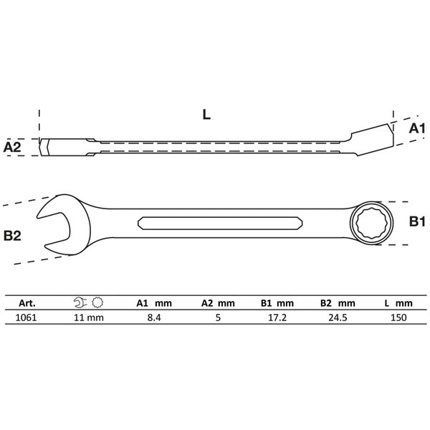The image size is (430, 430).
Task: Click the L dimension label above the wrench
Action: pos(206,115)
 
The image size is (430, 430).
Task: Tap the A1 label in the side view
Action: pos(417,128)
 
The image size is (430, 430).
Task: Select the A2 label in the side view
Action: pos(12,147)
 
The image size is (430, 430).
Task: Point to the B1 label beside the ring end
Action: pos(417,221)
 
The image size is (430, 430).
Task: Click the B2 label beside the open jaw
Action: pos(12,236)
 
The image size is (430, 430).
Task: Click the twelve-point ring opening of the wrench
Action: pos(371,223)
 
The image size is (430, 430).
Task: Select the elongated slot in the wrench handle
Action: pos(220,223)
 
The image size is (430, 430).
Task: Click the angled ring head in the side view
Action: pos(372,140)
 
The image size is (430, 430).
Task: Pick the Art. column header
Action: pos(27,303)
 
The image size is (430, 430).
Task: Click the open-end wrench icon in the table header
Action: pos(80,302)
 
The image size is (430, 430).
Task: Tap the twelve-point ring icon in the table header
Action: pos(97,302)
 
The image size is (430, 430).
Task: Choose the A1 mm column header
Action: pos(154,303)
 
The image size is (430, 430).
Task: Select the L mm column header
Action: pos(398,303)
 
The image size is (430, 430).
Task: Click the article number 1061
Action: pos(26,317)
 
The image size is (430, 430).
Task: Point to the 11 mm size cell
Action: pos(89,317)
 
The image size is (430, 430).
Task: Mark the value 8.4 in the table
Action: pos(154,317)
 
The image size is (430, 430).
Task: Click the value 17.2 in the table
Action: pos(277,317)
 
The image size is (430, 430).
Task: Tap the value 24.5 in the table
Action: pos(338,317)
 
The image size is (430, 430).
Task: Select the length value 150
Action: pos(398,317)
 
